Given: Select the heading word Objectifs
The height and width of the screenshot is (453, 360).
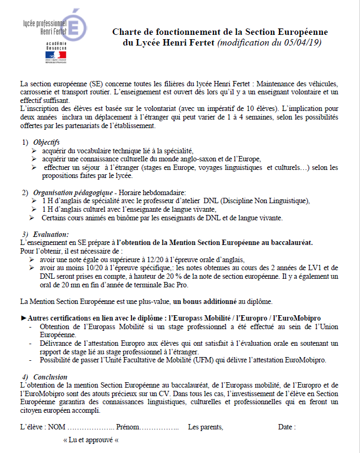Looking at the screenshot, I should tap(47, 142).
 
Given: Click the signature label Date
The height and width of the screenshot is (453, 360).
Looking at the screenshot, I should tap(286, 427).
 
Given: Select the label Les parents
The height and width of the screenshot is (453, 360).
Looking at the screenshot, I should tap(205, 427).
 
